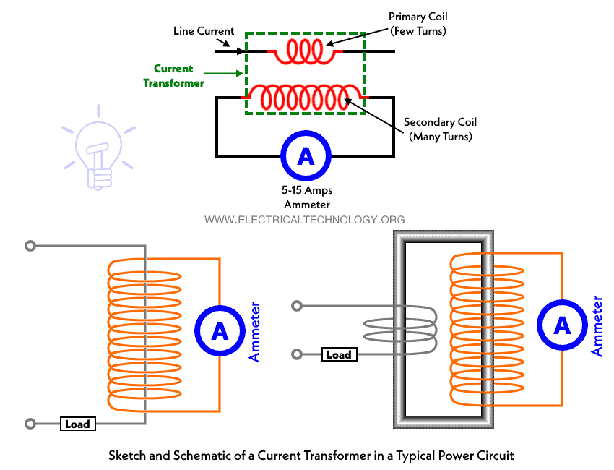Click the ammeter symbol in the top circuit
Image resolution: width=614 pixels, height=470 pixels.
pyautogui.click(x=306, y=155)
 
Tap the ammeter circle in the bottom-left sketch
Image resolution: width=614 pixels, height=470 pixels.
pyautogui.click(x=220, y=332)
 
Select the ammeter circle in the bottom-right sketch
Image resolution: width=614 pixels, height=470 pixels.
pyautogui.click(x=561, y=326)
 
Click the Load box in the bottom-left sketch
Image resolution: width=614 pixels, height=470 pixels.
pyautogui.click(x=77, y=424)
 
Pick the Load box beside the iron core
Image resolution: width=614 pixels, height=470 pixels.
pyautogui.click(x=339, y=354)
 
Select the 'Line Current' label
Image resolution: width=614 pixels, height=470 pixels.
pyautogui.click(x=204, y=31)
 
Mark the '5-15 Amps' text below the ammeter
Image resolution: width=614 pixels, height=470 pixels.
pyautogui.click(x=306, y=191)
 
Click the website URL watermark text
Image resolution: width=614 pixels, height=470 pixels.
pyautogui.click(x=305, y=219)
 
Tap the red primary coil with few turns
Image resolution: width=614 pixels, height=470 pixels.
pyautogui.click(x=306, y=51)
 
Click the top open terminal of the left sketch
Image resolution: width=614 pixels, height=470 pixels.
pyautogui.click(x=30, y=246)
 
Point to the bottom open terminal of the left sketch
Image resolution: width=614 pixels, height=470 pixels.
pyautogui.click(x=30, y=424)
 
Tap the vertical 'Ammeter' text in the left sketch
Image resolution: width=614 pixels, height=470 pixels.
pyautogui.click(x=255, y=332)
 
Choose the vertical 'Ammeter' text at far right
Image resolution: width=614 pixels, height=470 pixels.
pyautogui.click(x=597, y=326)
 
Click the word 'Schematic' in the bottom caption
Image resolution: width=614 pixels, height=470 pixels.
pyautogui.click(x=190, y=456)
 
